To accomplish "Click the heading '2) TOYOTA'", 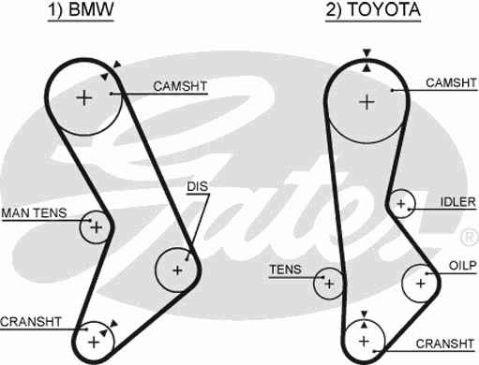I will (373, 12).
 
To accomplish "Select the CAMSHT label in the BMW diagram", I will (180, 86).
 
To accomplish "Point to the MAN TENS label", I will (34, 213).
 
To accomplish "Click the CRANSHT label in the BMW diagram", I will (31, 321).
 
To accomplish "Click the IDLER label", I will (458, 201).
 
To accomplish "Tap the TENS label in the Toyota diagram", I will (285, 270).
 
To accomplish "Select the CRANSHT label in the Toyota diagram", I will (442, 342).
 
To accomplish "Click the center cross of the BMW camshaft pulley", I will (84, 97).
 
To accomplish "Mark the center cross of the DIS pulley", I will (177, 270).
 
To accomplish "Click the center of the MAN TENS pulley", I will (95, 226).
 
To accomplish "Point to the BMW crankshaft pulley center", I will (93, 342).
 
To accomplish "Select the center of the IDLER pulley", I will (401, 203).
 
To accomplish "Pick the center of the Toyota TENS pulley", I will (329, 280).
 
